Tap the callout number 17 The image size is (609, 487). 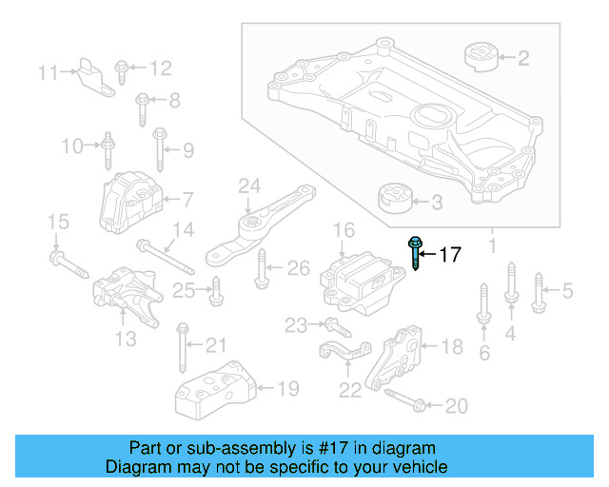click(449, 255)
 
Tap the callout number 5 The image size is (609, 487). click(568, 291)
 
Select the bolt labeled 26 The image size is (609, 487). click(263, 273)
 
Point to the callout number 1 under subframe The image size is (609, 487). click(492, 247)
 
